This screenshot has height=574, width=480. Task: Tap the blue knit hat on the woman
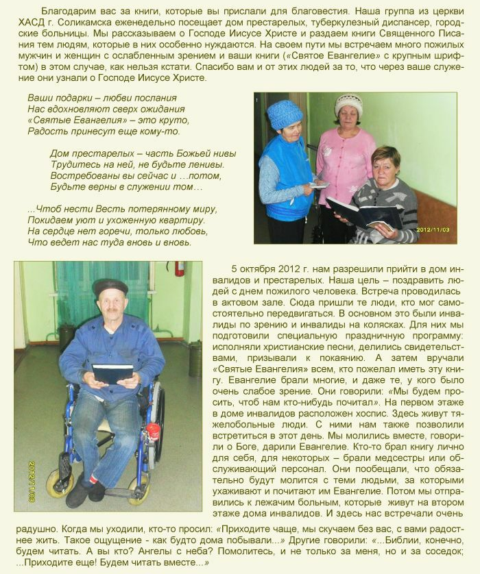click(284, 114)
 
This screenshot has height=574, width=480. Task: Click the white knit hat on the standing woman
click(348, 105)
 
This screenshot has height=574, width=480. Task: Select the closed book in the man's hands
click(112, 373)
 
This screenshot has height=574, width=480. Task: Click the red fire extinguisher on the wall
click(180, 268)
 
